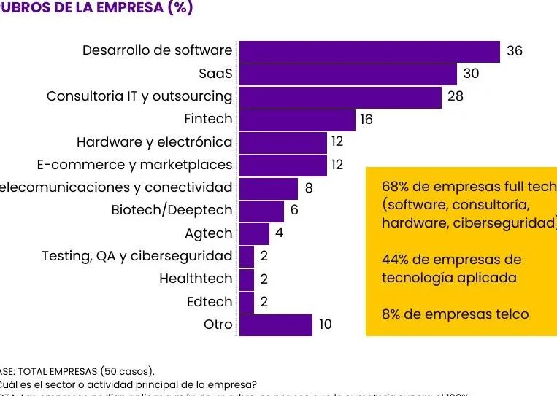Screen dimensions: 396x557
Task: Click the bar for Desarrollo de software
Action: click(369, 51)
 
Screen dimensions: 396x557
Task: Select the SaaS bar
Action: click(347, 74)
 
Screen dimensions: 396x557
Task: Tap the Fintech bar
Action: click(297, 119)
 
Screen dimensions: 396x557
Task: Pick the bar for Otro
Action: click(276, 325)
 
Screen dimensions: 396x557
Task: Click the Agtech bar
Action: click(254, 233)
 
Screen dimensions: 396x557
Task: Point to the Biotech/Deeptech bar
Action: click(261, 211)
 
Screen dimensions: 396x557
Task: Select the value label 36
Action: click(515, 51)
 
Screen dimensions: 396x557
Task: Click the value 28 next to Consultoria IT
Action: click(455, 96)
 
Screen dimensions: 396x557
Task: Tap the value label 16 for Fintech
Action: click(366, 119)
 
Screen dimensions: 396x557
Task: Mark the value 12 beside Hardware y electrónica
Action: click(337, 141)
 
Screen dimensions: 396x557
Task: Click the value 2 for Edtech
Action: click(264, 302)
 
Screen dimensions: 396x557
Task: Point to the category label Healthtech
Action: click(196, 279)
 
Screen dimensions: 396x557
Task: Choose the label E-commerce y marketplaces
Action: click(134, 165)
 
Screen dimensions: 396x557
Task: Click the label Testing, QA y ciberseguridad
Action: click(137, 256)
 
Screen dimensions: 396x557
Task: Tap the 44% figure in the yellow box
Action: click(396, 260)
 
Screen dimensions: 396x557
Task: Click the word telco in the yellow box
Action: click(510, 314)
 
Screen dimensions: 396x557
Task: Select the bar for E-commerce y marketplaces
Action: click(283, 165)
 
